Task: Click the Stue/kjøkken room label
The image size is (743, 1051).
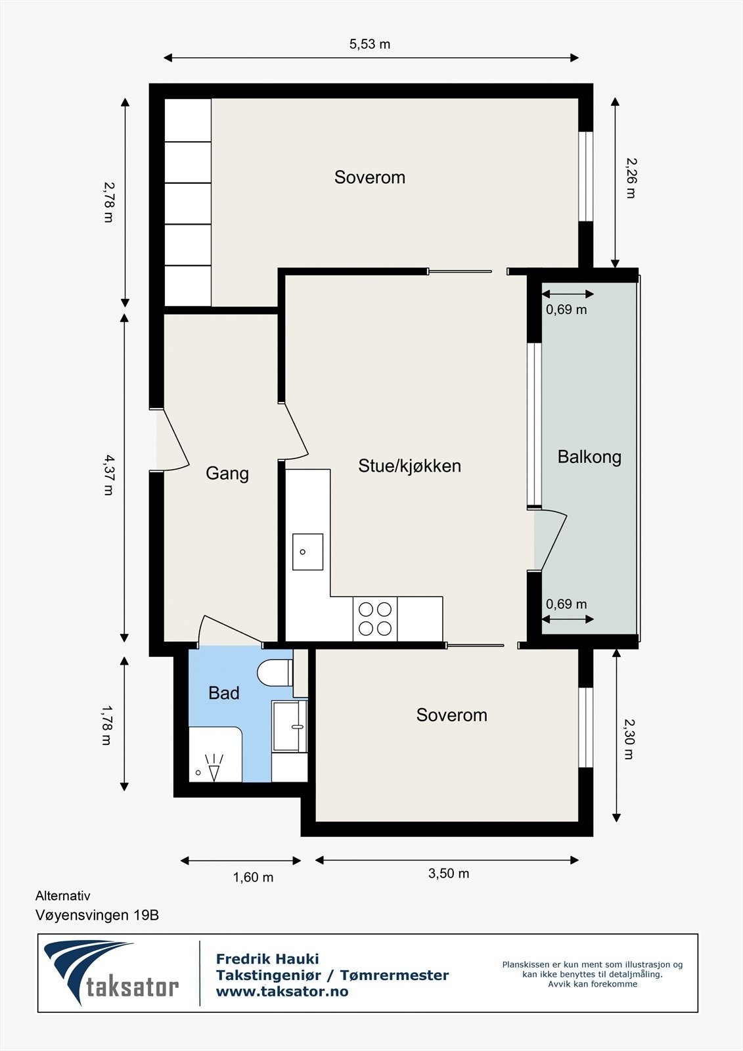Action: pos(409,466)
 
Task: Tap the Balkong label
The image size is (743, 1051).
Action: pos(589,457)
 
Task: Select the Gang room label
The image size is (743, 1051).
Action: pos(227,473)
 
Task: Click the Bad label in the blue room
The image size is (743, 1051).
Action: pos(223,693)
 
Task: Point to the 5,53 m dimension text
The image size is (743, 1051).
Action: pos(369,44)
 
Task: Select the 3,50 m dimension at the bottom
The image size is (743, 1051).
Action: pos(449,873)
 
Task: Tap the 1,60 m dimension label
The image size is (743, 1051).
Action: pos(253,877)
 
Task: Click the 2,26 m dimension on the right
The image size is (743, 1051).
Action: pos(630,177)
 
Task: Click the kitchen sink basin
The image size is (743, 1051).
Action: pos(307,552)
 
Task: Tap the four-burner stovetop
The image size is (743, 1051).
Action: pos(375,619)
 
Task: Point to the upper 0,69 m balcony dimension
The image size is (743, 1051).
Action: pos(566,309)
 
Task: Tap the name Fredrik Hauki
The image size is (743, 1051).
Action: pos(267,959)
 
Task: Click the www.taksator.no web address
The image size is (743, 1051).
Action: pos(282,992)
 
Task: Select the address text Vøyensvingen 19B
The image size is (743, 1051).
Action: pos(97,914)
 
